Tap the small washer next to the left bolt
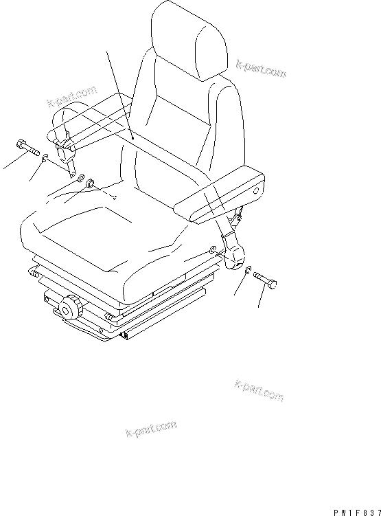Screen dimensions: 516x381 tap(45, 159)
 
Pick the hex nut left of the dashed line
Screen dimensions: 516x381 tap(91, 184)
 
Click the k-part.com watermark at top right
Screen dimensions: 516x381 tap(260, 67)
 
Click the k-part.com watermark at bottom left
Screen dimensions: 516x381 tap(151, 429)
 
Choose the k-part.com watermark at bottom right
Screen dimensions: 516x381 tap(259, 389)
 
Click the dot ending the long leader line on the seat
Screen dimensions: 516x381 tap(132, 138)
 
